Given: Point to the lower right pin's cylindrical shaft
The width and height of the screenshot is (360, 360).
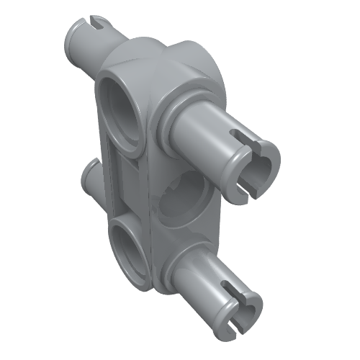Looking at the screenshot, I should pyautogui.click(x=209, y=277).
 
